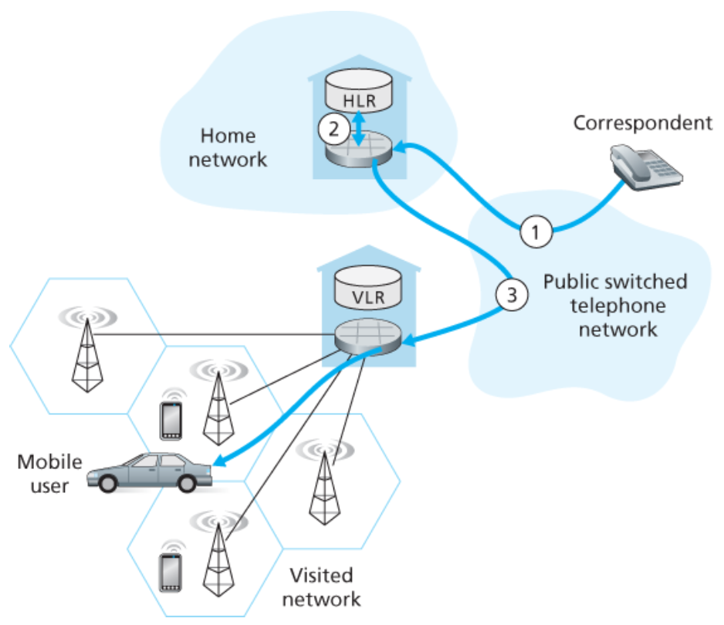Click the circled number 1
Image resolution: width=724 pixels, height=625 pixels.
[536, 229]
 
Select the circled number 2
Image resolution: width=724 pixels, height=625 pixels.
[333, 129]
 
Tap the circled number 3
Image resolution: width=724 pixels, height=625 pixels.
[510, 293]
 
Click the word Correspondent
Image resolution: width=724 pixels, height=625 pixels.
[641, 122]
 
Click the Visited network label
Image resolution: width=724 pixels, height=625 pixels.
[323, 586]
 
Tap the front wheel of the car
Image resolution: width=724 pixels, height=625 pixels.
[188, 483]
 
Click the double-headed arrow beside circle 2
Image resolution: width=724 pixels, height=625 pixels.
[360, 127]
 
